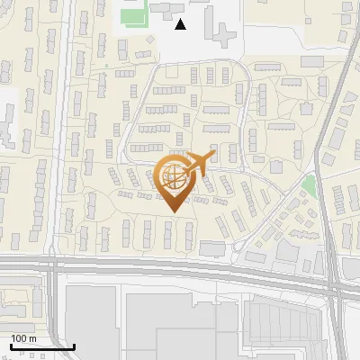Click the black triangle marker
pos(181,24)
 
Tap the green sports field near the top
pos(135,16)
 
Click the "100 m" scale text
pos(23,338)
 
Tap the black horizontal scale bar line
pos(41,346)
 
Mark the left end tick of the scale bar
pos(10,346)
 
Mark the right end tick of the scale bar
pos(74,346)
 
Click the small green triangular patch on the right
pos(310,185)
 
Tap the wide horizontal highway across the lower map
pos(180,267)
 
